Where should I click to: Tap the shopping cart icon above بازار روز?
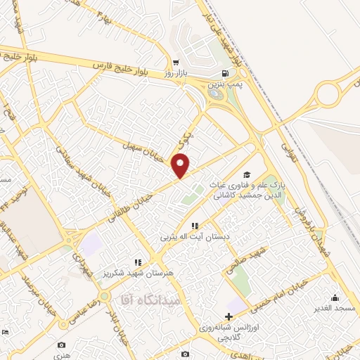175,62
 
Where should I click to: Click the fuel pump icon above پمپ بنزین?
224,74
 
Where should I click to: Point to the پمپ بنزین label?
224,84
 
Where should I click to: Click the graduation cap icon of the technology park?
246,174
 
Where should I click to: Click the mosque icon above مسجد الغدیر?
335,297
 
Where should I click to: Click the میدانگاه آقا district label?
151,300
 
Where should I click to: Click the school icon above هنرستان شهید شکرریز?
138,262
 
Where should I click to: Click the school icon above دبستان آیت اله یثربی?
195,226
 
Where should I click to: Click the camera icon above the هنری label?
62,345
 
